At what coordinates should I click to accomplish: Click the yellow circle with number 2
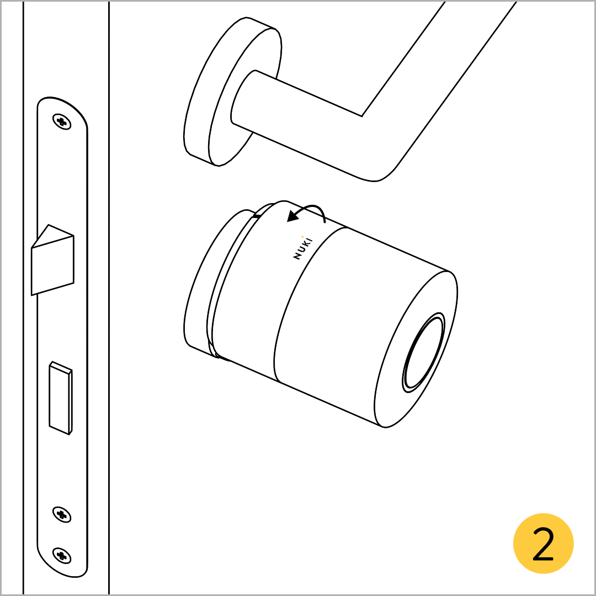click(x=543, y=543)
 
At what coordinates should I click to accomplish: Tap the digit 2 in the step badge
click(x=544, y=544)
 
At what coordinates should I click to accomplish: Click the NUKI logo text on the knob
click(x=303, y=248)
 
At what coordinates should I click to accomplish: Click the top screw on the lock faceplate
click(x=62, y=121)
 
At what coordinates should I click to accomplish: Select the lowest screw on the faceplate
click(x=62, y=556)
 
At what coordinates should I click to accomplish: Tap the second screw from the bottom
click(x=62, y=515)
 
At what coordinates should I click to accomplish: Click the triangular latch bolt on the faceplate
click(x=52, y=260)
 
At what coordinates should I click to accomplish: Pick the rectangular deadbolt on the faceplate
click(x=61, y=398)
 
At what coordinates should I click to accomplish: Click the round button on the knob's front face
click(x=423, y=352)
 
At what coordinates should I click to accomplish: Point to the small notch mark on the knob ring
click(x=257, y=216)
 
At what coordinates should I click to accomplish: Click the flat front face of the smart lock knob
click(x=416, y=350)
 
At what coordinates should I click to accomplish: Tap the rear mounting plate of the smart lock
click(x=213, y=283)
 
